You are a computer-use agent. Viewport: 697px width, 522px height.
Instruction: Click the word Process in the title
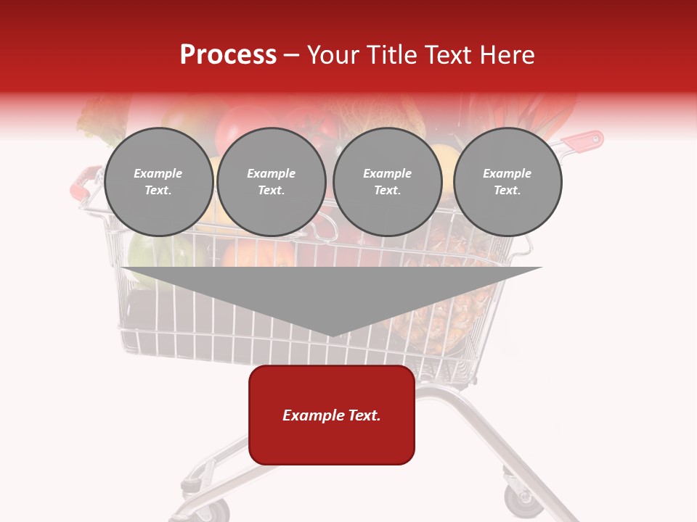click(228, 55)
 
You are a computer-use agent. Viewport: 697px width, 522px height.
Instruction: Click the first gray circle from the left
click(158, 182)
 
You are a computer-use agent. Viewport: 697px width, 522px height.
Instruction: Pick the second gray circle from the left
click(272, 182)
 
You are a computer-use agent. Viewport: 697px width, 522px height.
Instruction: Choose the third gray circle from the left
click(388, 182)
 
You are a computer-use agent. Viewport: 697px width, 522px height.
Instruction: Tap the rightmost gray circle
click(508, 182)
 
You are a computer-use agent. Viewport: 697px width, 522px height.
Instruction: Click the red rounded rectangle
click(332, 415)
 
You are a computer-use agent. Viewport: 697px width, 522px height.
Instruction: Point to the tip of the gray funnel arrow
click(331, 334)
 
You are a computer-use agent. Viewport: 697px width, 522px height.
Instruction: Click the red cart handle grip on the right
click(584, 141)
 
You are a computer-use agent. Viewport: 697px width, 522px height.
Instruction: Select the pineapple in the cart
click(443, 304)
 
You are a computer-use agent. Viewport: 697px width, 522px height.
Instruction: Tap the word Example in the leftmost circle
click(158, 173)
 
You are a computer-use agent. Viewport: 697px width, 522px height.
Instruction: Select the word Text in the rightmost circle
click(507, 191)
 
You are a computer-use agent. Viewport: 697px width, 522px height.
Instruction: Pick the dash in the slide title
click(292, 55)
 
